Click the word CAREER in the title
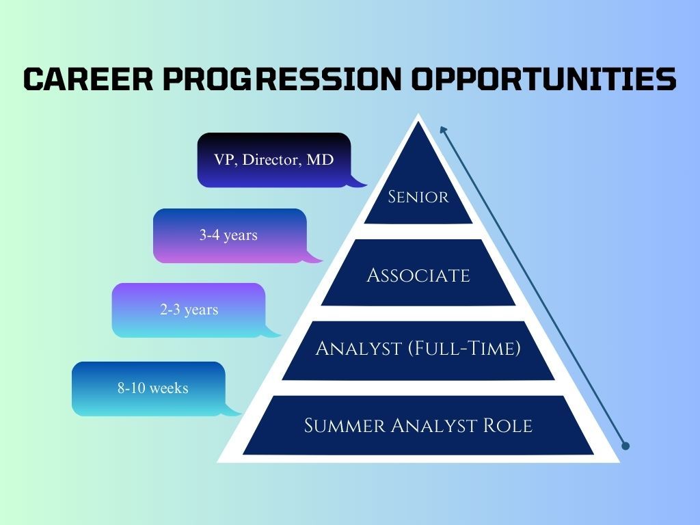pos(88,79)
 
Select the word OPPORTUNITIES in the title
pos(543,79)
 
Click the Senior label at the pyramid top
pos(418,197)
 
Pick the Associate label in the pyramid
pos(418,275)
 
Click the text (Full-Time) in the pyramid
pos(465,348)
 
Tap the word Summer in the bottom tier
pos(345,425)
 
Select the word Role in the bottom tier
pos(508,425)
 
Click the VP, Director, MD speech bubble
pos(273,160)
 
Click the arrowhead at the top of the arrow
pos(443,130)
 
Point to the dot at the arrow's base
pos(625,446)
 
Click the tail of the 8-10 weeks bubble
pos(232,410)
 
